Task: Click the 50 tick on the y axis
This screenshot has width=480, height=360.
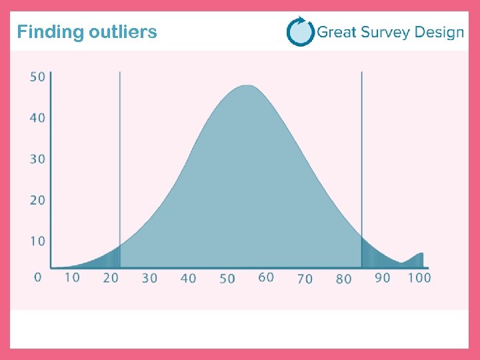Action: pyautogui.click(x=37, y=77)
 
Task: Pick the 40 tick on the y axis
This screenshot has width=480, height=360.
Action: pyautogui.click(x=37, y=118)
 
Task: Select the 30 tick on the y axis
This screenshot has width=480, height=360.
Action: pyautogui.click(x=37, y=159)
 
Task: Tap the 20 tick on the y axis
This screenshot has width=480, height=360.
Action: pyautogui.click(x=37, y=200)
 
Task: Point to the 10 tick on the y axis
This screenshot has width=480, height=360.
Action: pyautogui.click(x=37, y=241)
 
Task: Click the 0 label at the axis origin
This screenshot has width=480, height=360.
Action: pyautogui.click(x=37, y=277)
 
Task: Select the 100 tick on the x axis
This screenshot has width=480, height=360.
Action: pyautogui.click(x=419, y=277)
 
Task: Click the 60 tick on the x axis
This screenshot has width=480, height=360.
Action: pyautogui.click(x=266, y=277)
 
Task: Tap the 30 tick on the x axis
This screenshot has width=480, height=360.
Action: pyautogui.click(x=149, y=278)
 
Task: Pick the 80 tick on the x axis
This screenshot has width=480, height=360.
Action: pyautogui.click(x=343, y=279)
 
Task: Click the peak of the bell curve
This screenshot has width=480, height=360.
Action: pyautogui.click(x=247, y=86)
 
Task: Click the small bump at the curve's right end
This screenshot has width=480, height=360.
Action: pyautogui.click(x=419, y=257)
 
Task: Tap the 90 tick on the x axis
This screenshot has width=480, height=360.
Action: pyautogui.click(x=382, y=277)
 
